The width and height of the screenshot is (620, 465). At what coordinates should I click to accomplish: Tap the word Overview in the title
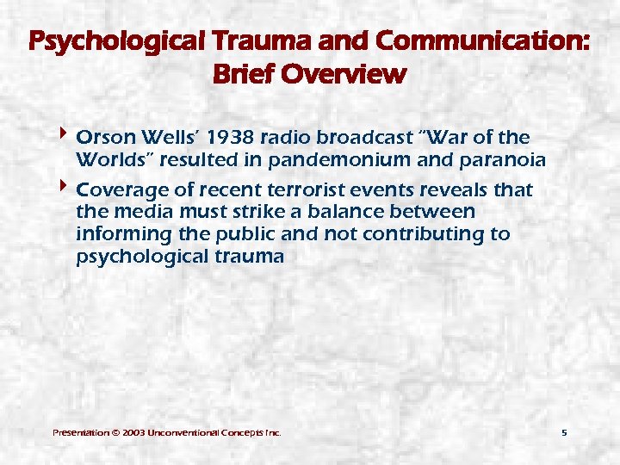(352, 74)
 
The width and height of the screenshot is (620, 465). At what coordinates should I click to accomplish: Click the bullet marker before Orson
(66, 137)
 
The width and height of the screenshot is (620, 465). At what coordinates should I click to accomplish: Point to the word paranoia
(505, 160)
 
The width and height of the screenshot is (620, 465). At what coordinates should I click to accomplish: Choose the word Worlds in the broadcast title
(106, 160)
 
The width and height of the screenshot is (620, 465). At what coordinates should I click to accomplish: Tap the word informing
(119, 234)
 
